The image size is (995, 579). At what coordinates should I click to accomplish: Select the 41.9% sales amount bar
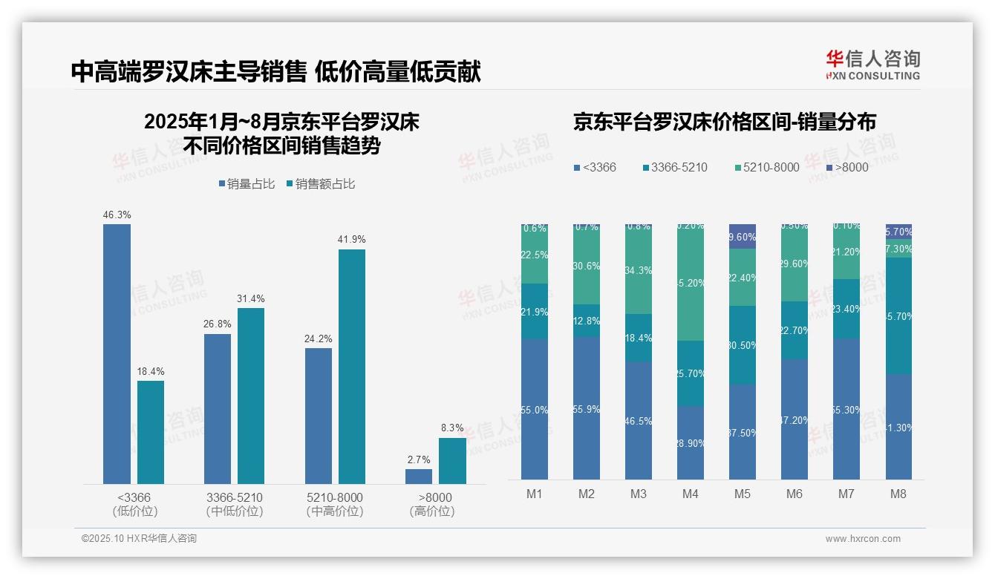(x=352, y=367)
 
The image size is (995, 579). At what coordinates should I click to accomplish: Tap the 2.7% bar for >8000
(x=419, y=477)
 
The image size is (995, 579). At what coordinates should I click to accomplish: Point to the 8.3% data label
(x=452, y=428)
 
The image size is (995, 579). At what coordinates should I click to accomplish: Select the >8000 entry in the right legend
(x=847, y=168)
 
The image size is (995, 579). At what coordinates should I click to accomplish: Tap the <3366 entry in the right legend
(x=595, y=168)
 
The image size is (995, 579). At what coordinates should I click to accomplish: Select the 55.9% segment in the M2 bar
(x=587, y=408)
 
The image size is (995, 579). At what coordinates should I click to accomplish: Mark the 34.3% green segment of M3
(x=639, y=269)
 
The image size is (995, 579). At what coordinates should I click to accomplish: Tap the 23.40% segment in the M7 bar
(x=846, y=309)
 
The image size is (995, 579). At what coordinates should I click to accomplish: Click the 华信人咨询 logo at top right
(x=872, y=65)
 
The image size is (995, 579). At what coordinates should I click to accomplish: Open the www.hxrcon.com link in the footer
(x=863, y=539)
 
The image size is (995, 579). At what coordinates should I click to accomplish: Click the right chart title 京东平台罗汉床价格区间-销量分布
(x=724, y=122)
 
